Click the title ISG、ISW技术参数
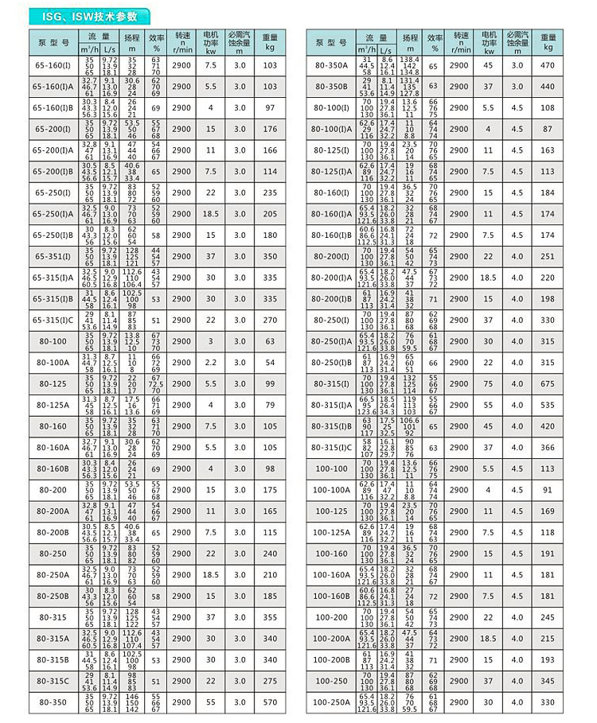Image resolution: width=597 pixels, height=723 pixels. coord(89,15)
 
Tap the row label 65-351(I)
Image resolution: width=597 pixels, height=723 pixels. coord(50,256)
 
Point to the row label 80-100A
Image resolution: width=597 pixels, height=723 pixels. coord(50,363)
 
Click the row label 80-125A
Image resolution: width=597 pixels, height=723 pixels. coord(50,406)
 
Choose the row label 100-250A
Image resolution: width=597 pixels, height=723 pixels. coord(332,702)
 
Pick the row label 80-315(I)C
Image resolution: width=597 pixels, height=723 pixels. coord(332,448)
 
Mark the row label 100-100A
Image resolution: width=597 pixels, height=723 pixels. coord(332,491)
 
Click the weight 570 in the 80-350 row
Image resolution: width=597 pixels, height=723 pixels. coord(270,702)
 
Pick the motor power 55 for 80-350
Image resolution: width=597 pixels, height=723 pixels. coord(211,702)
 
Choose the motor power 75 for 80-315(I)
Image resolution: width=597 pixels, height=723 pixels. coord(489,384)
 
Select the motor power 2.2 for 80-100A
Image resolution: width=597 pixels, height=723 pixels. coord(211,363)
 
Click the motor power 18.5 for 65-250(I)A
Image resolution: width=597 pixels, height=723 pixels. coord(211,213)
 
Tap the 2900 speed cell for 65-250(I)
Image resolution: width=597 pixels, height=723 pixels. coord(181,192)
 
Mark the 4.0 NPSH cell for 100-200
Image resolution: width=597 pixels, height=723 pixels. coord(519,617)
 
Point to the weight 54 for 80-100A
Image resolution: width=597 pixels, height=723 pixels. coord(270,363)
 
